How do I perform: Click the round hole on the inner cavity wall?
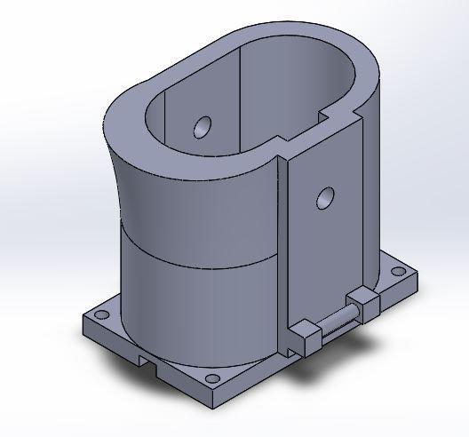click(x=203, y=127)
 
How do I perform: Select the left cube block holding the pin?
click(x=306, y=338)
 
